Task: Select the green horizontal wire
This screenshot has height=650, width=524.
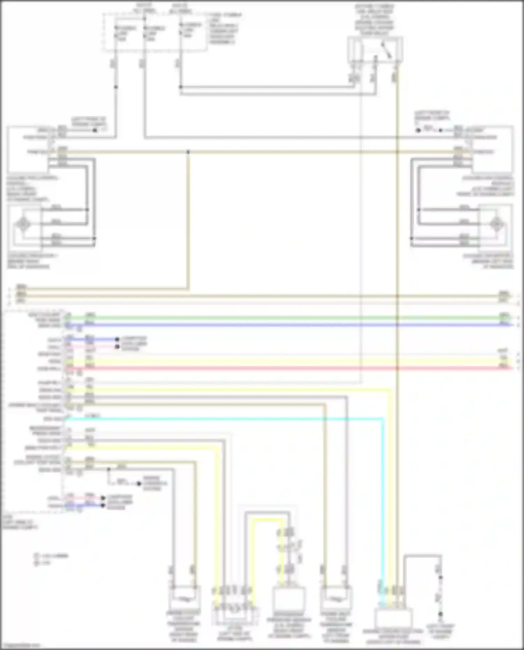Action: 279,318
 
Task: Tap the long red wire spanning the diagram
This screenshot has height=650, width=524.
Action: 279,368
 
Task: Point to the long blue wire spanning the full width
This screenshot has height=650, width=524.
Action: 279,325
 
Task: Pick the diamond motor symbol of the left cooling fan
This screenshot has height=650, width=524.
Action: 23,224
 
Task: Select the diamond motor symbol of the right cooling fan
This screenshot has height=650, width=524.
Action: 496,224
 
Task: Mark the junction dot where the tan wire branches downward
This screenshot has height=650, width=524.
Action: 188,152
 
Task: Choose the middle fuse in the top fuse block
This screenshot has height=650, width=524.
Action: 145,31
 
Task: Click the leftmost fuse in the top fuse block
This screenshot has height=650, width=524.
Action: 116,31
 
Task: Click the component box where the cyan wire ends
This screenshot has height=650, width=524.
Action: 393,618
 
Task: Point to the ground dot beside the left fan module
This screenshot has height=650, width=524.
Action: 95,130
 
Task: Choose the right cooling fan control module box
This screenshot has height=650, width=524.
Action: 493,150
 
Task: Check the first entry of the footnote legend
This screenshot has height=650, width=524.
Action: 51,555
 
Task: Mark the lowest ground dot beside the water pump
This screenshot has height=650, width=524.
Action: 441,614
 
